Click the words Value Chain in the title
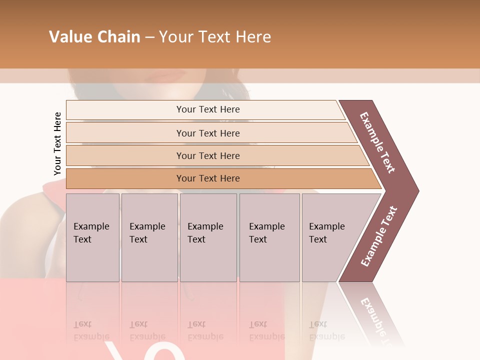click(94, 37)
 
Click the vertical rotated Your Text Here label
click(57, 143)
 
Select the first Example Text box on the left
click(92, 237)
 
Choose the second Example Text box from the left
click(149, 237)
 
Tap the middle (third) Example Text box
click(208, 237)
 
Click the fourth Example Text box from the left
click(269, 237)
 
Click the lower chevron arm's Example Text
click(379, 236)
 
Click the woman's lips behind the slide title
click(167, 76)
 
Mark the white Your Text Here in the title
click(215, 37)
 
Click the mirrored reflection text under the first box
click(91, 330)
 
